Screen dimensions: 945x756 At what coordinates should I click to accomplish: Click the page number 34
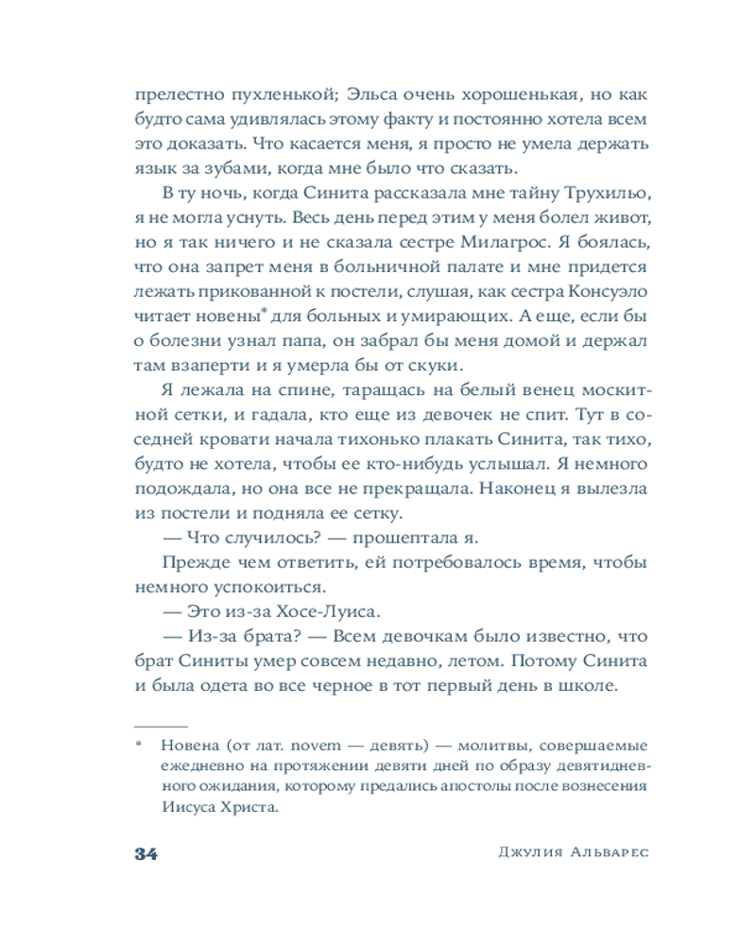pyautogui.click(x=145, y=853)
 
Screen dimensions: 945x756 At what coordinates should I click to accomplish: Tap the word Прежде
pyautogui.click(x=192, y=562)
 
